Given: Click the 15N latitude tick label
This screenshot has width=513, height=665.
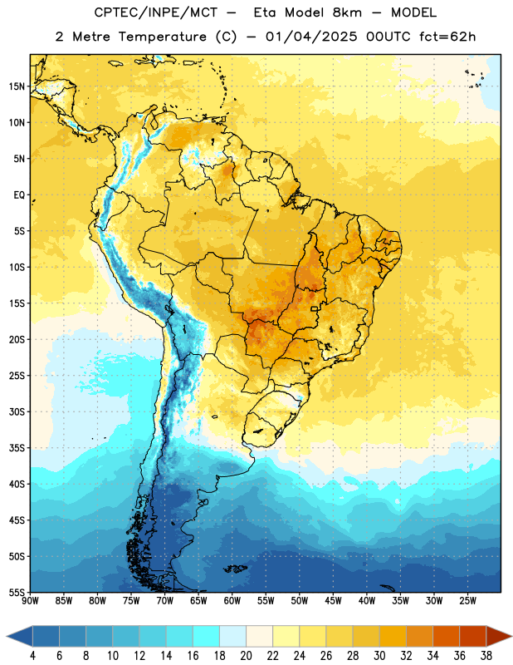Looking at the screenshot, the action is [17, 86].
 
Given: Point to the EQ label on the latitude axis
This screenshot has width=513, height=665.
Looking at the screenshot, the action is [19, 195].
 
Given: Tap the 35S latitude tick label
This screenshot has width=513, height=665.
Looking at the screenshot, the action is [17, 448].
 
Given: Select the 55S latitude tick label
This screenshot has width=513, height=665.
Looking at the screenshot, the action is [17, 593].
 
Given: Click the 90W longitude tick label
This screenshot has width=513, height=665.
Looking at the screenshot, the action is [30, 601].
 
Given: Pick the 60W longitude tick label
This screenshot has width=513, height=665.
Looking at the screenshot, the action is [232, 601].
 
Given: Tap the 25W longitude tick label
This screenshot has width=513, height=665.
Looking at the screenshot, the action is [467, 601].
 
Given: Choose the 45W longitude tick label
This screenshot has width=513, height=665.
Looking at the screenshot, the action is [333, 601].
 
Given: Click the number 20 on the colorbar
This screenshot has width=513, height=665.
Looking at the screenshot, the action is [246, 656].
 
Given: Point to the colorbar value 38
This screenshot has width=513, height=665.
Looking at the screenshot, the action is [486, 656].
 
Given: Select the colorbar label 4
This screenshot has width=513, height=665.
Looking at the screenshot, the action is [32, 656].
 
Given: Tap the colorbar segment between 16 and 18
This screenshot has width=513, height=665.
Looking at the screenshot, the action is [207, 637].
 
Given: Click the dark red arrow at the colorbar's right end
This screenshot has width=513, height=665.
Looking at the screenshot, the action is [497, 637].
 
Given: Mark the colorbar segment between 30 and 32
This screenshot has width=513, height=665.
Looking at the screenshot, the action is [393, 637].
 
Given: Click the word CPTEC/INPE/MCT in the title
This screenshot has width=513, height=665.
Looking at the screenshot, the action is [156, 12].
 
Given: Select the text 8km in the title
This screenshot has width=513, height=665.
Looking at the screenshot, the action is [347, 12].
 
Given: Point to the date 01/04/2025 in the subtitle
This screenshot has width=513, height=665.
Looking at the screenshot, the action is [311, 37].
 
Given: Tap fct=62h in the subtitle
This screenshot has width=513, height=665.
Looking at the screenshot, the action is [447, 37].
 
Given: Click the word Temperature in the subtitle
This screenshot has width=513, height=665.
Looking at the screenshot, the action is [163, 37].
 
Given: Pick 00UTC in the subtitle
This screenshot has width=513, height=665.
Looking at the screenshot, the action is [388, 37].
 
